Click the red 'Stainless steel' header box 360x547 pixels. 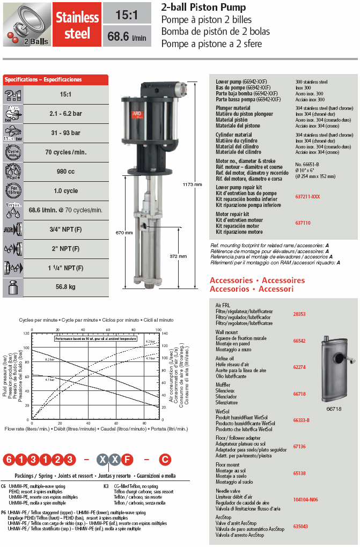coord(77,25)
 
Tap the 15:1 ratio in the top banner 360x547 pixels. coord(127,13)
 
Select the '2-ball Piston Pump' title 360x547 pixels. coord(204,8)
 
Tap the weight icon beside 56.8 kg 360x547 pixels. coord(13,287)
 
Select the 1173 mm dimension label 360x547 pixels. coord(195,185)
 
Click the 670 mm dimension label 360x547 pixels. coord(124,233)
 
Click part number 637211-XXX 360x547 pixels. coord(307,196)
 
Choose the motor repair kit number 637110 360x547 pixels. coord(303,223)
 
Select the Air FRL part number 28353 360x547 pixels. coord(299,314)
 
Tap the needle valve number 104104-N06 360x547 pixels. coord(305,499)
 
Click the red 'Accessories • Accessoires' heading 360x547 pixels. coord(257,280)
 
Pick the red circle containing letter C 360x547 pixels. coord(165,459)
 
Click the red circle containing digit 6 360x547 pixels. coord(9,459)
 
